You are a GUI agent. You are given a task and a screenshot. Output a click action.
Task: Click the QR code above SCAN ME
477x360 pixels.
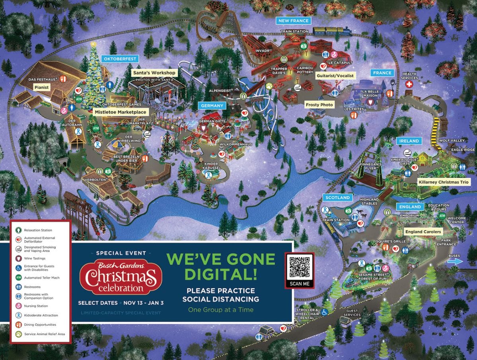pyautogui.click(x=300, y=267)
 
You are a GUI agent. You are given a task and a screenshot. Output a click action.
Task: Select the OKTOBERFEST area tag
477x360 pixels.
pyautogui.click(x=120, y=59)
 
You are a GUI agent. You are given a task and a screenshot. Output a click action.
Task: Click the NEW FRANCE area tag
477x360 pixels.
pyautogui.click(x=294, y=20)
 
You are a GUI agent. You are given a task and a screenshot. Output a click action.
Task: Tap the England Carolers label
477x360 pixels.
pyautogui.click(x=423, y=231)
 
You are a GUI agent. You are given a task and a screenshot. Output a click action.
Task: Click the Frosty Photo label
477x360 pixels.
pyautogui.click(x=319, y=105)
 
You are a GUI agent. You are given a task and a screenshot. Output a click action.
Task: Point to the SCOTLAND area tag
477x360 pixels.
pyautogui.click(x=337, y=198)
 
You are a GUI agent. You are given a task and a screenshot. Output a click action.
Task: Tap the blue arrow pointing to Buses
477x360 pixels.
pyautogui.click(x=455, y=262)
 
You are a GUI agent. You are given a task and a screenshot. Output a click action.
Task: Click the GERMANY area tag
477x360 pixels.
pyautogui.click(x=212, y=106)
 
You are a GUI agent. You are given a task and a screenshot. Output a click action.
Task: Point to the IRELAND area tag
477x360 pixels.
pyautogui.click(x=409, y=141)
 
